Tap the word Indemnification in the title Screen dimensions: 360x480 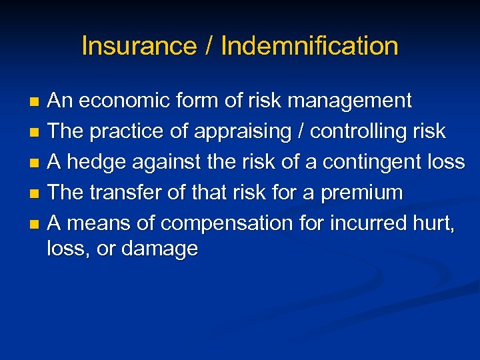pos(309,47)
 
